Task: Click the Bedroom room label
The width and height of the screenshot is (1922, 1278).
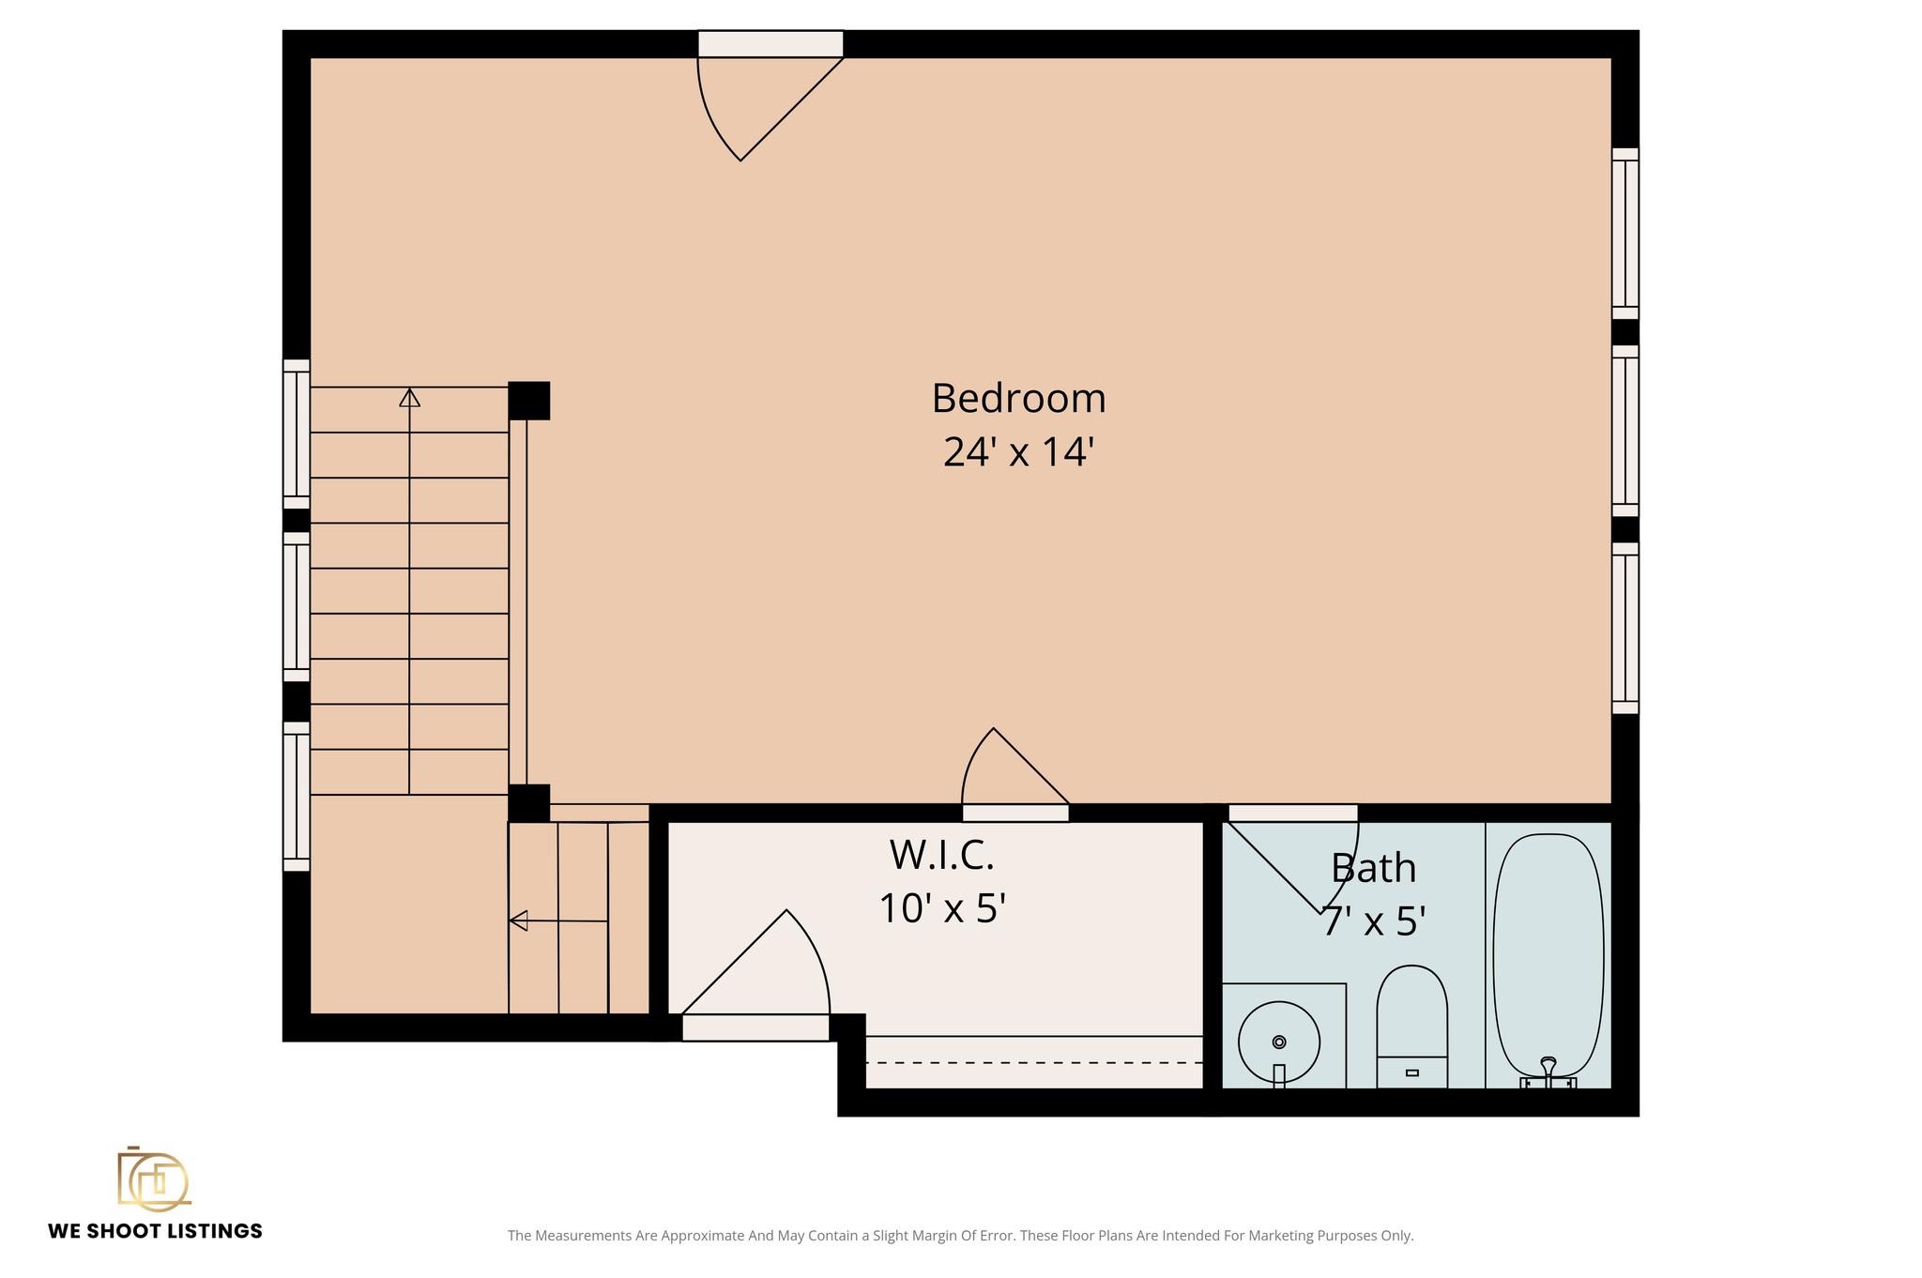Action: (1018, 399)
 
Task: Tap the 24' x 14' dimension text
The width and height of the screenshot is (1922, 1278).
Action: (1019, 452)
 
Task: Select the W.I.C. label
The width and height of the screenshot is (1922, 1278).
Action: (941, 855)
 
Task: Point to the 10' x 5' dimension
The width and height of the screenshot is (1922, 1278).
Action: (942, 908)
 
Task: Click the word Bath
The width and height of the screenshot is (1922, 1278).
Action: (1374, 868)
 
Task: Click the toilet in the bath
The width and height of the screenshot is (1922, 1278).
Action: (1411, 1027)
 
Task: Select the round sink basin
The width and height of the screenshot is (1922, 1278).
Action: (1279, 1041)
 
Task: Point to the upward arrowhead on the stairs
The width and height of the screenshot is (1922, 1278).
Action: (409, 397)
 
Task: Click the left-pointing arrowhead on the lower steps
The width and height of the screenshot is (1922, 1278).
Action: (518, 920)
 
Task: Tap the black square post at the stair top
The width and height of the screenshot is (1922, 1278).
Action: (528, 401)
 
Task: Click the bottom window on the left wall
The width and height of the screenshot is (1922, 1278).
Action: (297, 796)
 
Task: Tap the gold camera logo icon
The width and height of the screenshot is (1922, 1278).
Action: (154, 1179)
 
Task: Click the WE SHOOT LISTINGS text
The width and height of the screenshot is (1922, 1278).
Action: (155, 1231)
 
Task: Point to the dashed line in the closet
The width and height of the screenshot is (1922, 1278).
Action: (1034, 1062)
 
